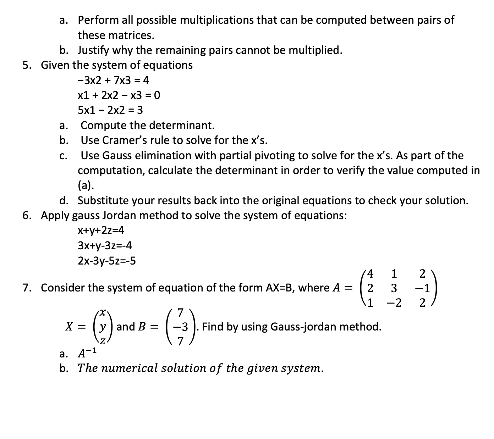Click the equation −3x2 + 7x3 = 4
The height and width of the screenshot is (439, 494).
click(113, 80)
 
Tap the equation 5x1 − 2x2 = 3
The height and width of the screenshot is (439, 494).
click(110, 110)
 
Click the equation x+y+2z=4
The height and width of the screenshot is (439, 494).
click(101, 230)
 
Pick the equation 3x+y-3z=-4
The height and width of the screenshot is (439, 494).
click(105, 245)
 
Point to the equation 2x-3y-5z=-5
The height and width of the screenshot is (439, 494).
click(106, 261)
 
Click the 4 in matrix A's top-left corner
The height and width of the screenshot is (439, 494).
click(370, 274)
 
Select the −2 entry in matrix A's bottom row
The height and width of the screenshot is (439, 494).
click(394, 304)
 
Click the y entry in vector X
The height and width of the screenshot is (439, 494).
click(102, 327)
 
